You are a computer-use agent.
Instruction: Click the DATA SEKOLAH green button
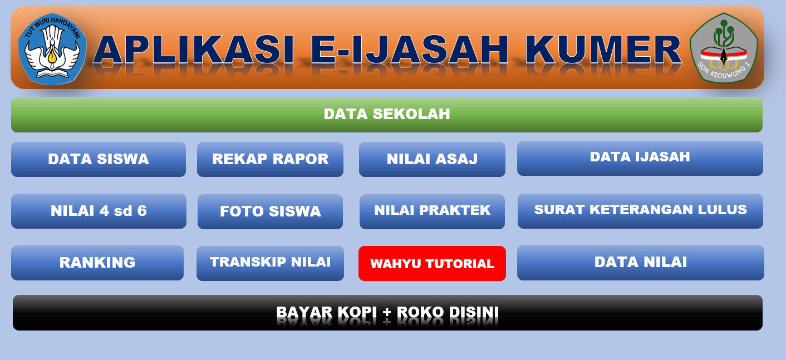(x=387, y=115)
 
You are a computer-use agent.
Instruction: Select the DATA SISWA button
(x=99, y=159)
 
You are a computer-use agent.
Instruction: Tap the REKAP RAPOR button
(x=270, y=159)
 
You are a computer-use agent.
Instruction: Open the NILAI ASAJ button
(x=432, y=159)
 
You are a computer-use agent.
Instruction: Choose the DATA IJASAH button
(x=640, y=158)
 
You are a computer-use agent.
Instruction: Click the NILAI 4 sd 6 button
(x=99, y=211)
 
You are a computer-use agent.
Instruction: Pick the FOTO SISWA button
(x=270, y=211)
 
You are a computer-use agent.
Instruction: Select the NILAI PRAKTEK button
(x=432, y=211)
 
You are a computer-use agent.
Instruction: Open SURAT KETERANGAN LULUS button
(x=640, y=211)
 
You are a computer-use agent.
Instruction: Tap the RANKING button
(x=97, y=263)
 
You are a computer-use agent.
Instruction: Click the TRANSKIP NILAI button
(x=270, y=263)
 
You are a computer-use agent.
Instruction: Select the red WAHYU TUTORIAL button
(x=432, y=264)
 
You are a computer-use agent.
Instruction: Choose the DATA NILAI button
(x=640, y=263)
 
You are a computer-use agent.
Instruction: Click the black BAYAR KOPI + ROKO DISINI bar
(x=388, y=313)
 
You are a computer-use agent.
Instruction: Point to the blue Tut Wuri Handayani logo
(x=52, y=49)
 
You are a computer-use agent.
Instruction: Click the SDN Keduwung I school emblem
(x=724, y=48)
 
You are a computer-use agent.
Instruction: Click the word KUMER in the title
(x=603, y=50)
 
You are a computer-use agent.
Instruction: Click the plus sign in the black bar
(x=387, y=312)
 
